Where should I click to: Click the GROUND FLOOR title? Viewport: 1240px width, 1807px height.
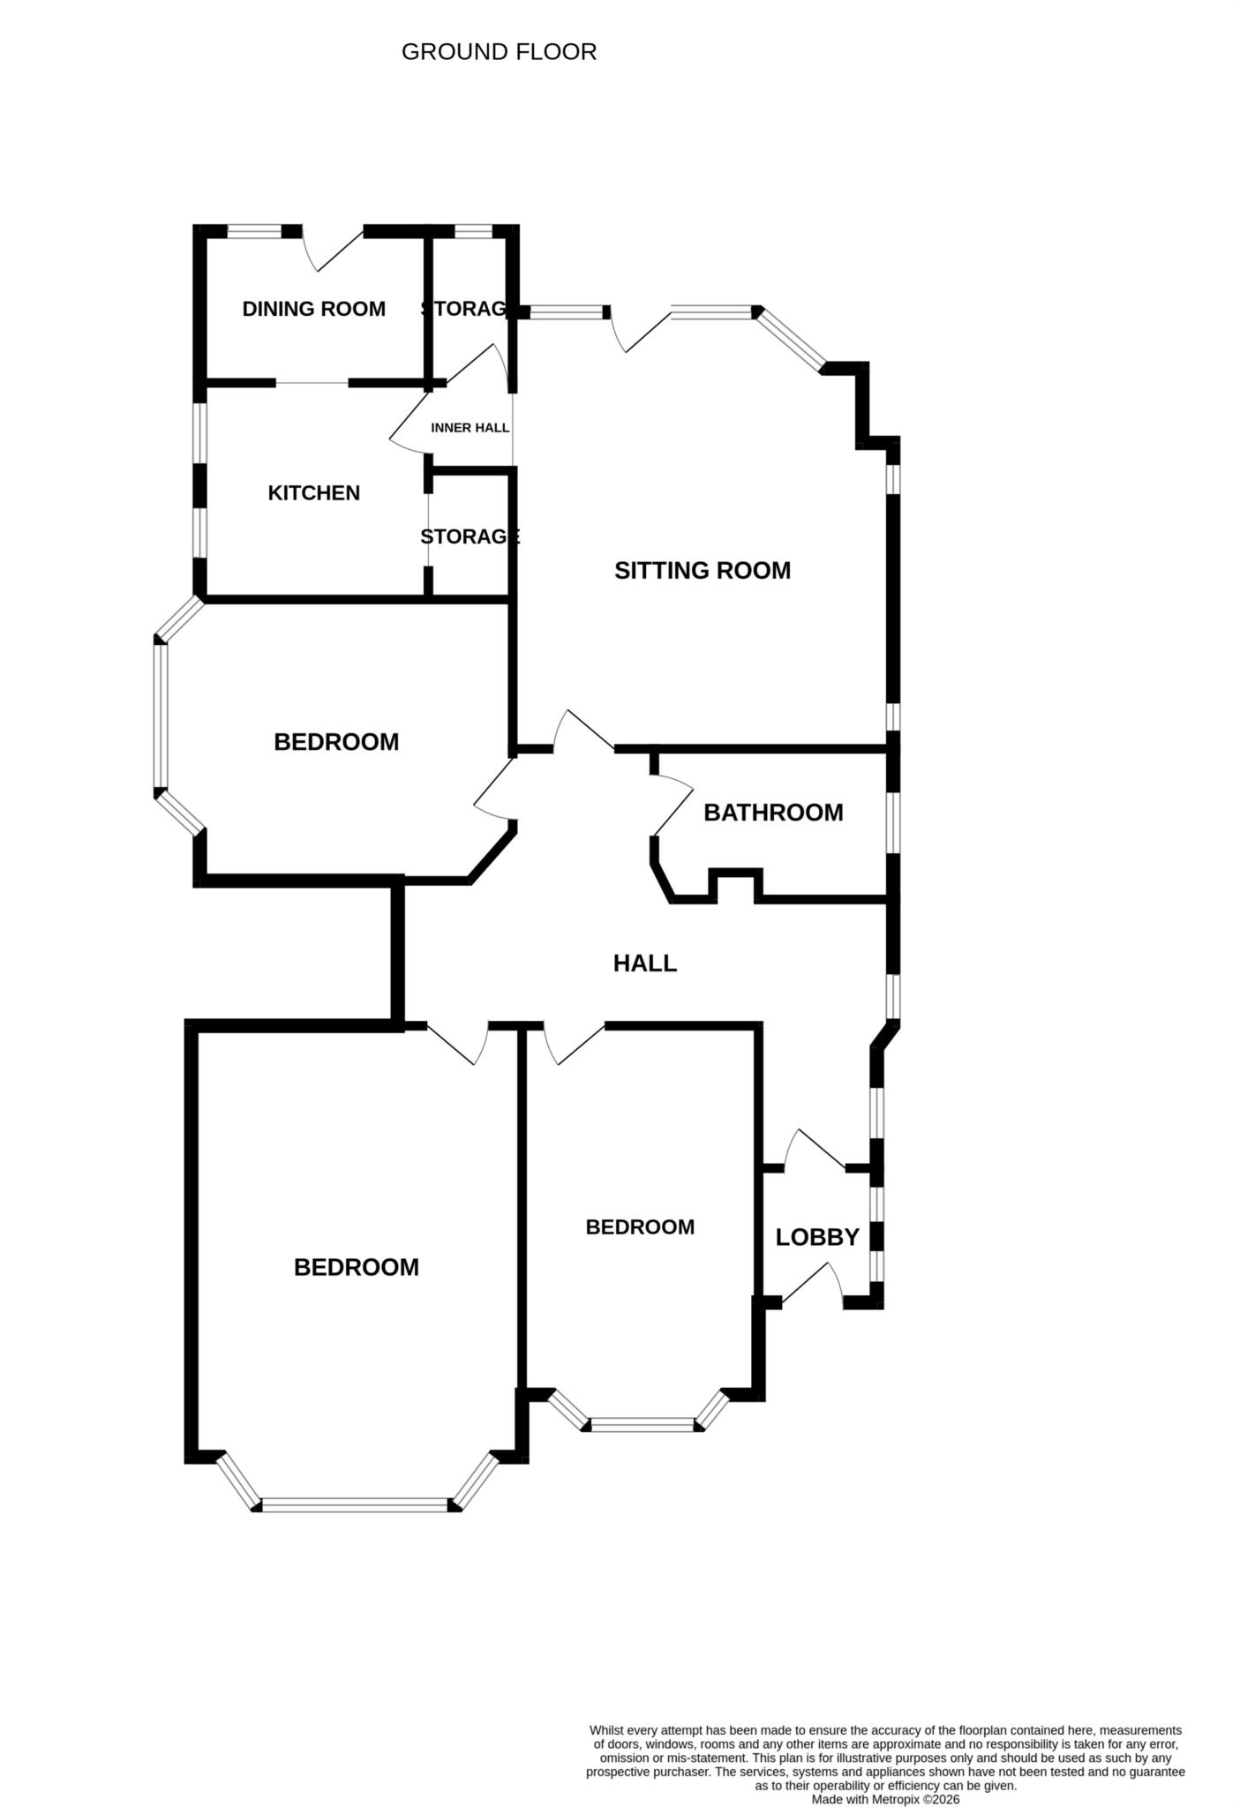tap(499, 52)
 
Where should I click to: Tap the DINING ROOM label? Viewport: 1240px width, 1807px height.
tap(313, 309)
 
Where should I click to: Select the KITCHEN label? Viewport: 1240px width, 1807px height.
tap(313, 493)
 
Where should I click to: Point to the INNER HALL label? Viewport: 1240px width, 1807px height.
tap(470, 428)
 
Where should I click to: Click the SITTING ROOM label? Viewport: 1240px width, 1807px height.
tap(702, 571)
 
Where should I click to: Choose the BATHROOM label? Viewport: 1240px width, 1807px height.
tap(773, 813)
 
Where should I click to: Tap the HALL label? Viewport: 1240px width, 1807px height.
tap(644, 963)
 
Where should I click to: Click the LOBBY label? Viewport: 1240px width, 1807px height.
tap(816, 1238)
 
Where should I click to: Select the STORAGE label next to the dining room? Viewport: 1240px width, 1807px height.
tap(464, 309)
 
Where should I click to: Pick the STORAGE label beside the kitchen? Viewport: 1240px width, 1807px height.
tap(470, 537)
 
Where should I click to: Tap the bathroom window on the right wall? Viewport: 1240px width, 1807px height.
tap(893, 822)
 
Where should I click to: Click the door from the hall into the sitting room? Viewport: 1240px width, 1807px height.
tap(582, 731)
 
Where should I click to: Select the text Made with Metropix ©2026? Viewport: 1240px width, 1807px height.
tap(884, 1799)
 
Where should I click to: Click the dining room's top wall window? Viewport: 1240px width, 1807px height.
tap(254, 232)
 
